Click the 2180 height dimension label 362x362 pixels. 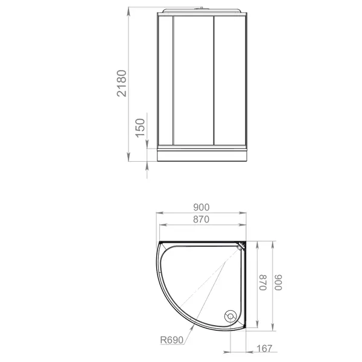pyautogui.click(x=122, y=83)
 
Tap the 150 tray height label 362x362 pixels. pyautogui.click(x=140, y=128)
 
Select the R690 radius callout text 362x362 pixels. pyautogui.click(x=172, y=340)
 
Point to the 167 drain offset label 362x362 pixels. pyautogui.click(x=264, y=348)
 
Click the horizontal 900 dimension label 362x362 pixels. pyautogui.click(x=202, y=208)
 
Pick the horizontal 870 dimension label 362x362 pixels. pyautogui.click(x=201, y=220)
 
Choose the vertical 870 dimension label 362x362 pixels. pyautogui.click(x=263, y=282)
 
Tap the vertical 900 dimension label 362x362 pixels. pyautogui.click(x=278, y=282)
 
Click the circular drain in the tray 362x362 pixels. pyautogui.click(x=230, y=316)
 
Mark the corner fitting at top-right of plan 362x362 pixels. pyautogui.click(x=241, y=246)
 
